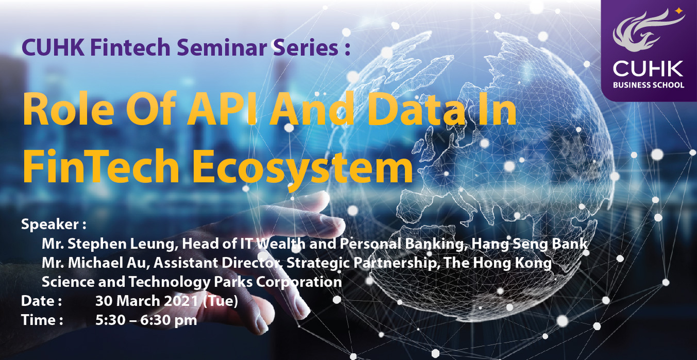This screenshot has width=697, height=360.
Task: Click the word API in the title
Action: tap(221, 108)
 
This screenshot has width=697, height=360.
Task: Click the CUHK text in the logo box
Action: tap(648, 69)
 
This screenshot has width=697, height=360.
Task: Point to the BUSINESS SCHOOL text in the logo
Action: tap(649, 85)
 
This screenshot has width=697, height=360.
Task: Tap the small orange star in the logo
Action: tap(678, 11)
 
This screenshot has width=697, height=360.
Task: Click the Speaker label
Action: tap(54, 225)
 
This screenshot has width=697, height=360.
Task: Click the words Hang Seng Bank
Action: tap(529, 244)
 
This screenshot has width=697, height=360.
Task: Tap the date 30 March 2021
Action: tap(146, 301)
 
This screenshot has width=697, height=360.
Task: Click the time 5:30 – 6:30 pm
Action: tap(146, 320)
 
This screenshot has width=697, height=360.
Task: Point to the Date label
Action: tap(41, 301)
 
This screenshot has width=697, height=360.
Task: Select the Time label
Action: tap(42, 320)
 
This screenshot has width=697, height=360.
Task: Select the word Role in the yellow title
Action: tap(69, 108)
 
